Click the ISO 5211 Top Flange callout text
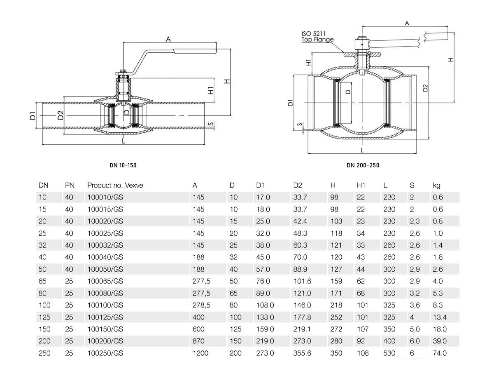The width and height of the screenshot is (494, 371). point(317,37)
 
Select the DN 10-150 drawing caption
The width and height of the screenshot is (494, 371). point(123,165)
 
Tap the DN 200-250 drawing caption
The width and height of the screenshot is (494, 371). point(363,165)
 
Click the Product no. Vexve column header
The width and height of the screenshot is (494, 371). point(115,185)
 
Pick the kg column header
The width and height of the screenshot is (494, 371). point(436,185)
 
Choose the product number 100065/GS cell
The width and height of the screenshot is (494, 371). point(105,281)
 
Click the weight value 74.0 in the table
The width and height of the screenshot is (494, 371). point(440,353)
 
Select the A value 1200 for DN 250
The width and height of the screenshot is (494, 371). point(200,353)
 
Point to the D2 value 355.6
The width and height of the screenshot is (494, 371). point(302,353)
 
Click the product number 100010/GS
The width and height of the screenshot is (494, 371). point(105,197)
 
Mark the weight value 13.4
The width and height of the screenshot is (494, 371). point(440,317)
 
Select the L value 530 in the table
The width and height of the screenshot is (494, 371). point(389,353)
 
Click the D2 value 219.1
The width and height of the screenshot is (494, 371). point(302,329)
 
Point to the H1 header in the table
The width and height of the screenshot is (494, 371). point(361,185)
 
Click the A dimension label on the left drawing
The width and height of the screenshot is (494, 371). point(168,40)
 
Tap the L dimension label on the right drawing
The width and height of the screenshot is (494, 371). point(362,150)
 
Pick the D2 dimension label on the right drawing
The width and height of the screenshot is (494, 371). point(425,88)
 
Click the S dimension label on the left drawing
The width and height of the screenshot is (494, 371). point(210,124)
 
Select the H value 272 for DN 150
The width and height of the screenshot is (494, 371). point(336,329)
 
